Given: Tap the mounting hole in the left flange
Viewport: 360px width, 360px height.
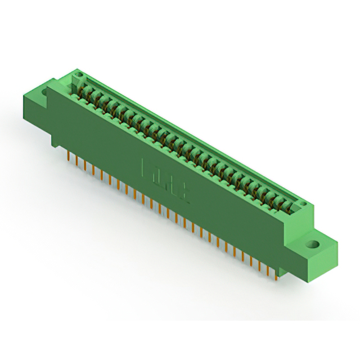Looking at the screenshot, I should (x=44, y=90).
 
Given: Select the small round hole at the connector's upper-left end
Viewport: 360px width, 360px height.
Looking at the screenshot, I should (x=79, y=74).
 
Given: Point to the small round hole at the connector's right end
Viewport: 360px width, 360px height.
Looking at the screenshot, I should (x=304, y=208).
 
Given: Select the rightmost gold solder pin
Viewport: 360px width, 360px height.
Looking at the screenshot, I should (x=276, y=273).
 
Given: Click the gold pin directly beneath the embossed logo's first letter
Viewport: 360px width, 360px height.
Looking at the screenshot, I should (x=144, y=197).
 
